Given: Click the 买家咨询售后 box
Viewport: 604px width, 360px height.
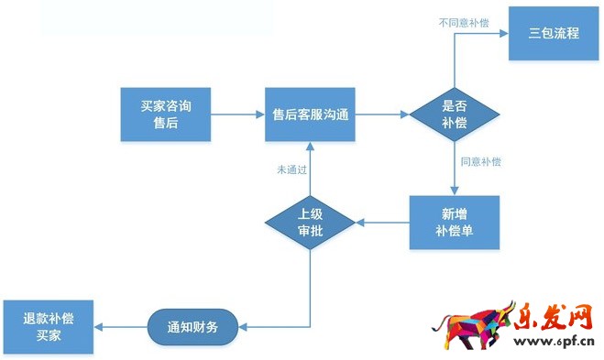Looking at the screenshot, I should pos(165,115).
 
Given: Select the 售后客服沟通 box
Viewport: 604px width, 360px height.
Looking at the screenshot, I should pos(310,115).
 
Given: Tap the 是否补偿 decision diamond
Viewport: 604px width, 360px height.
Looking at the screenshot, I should pos(455,115).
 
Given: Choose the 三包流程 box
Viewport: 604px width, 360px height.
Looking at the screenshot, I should pos(554,33).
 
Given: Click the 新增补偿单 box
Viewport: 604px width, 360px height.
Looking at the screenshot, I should pos(455,222).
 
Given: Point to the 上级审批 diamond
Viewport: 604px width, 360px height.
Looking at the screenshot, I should pos(310,222).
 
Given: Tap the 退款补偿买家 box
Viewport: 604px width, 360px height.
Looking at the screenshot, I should pos(48,327).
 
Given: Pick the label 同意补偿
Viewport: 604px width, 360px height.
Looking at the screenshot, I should pos(480,162).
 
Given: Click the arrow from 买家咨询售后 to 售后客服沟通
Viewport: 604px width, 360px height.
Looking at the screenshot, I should pos(236,115).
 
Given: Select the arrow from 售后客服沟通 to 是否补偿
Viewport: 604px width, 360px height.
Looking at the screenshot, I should pos(381,115).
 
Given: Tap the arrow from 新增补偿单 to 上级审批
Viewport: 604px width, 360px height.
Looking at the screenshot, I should pos(382,222).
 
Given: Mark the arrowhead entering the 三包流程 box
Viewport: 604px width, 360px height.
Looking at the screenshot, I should pos(504,34).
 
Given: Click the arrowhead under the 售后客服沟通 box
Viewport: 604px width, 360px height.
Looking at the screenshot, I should pos(310,148).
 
